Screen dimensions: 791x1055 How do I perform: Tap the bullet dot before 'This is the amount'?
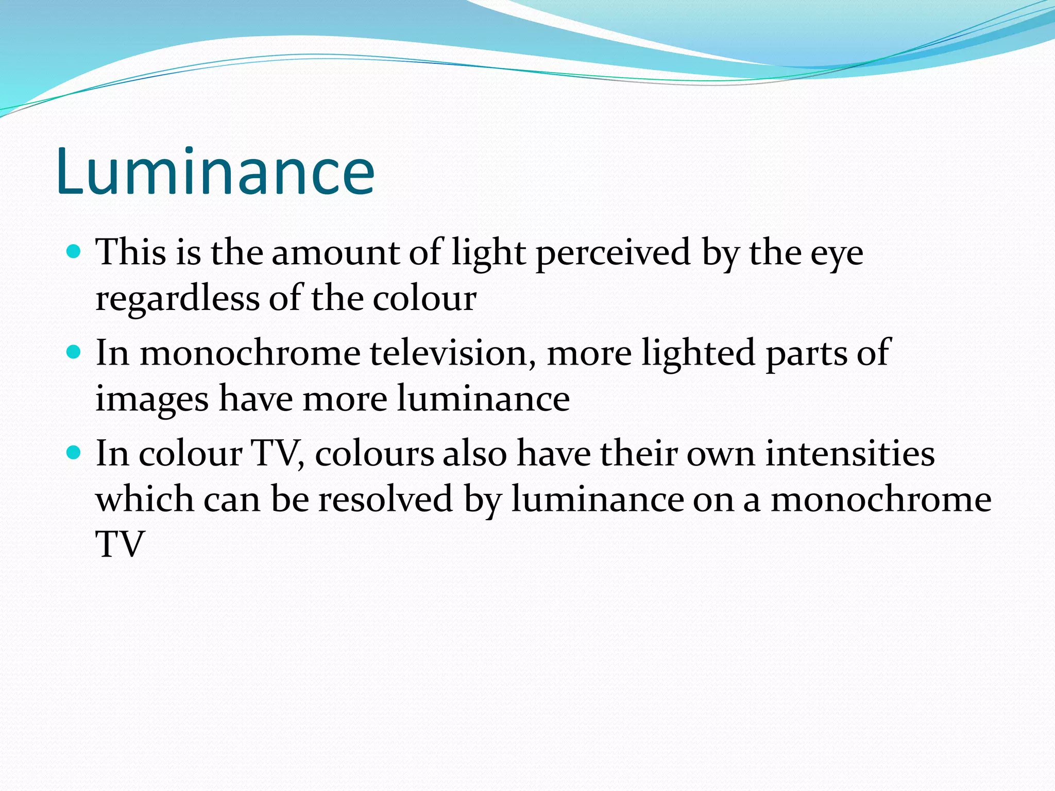click(74, 251)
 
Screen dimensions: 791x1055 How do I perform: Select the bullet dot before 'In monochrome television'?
click(74, 352)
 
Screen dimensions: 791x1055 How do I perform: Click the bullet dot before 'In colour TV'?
click(74, 453)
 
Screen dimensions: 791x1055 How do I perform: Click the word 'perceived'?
click(613, 253)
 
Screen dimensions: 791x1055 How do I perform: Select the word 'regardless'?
click(177, 299)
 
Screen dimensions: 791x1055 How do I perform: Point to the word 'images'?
click(152, 400)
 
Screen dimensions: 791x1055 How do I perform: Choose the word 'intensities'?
click(850, 454)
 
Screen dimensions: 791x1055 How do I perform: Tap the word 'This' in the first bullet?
click(131, 253)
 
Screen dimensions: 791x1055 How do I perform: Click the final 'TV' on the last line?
click(120, 544)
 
